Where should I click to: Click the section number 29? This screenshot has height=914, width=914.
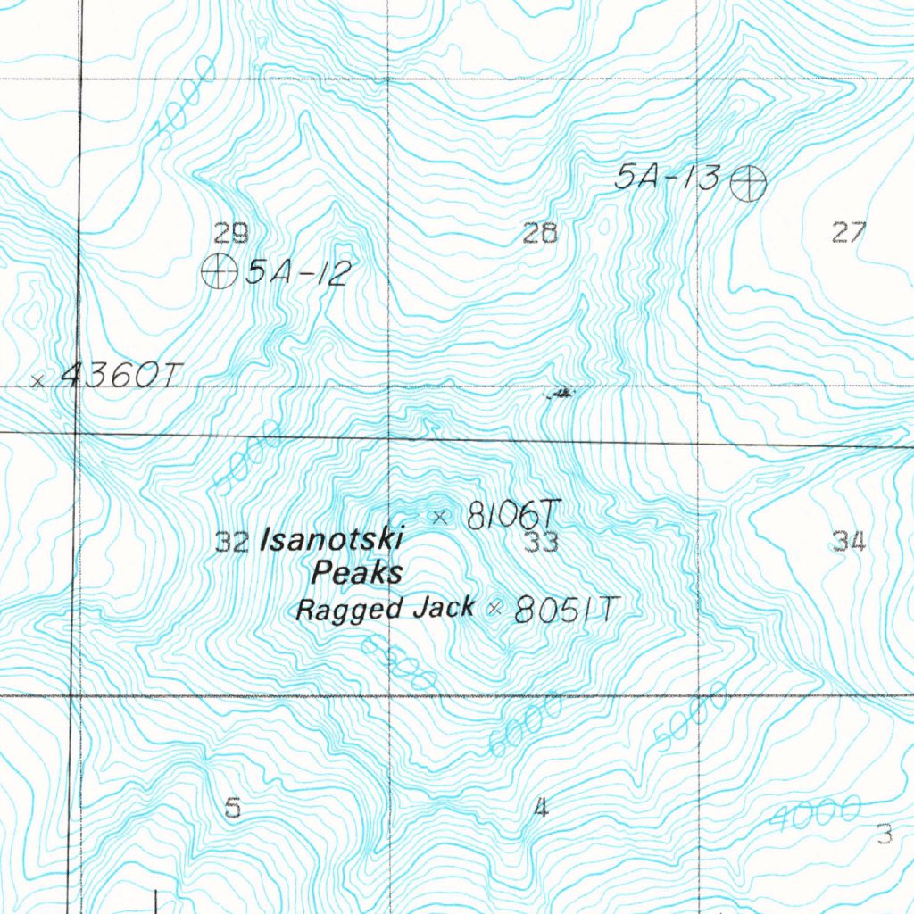click(231, 234)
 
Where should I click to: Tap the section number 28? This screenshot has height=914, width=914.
click(540, 234)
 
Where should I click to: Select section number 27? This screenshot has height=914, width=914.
click(848, 233)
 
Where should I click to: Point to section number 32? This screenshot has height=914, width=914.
click(233, 542)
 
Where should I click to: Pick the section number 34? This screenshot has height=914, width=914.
click(849, 540)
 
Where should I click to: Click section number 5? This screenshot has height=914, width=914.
click(233, 809)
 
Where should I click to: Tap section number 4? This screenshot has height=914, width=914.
click(540, 809)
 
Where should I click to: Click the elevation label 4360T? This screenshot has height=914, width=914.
click(113, 378)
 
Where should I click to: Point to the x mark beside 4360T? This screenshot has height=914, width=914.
click(37, 381)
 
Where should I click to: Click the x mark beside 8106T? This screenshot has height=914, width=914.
click(438, 515)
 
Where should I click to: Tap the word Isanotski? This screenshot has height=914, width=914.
click(331, 539)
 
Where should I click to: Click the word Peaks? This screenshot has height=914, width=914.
click(356, 572)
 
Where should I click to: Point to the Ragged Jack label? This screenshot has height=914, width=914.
click(385, 610)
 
